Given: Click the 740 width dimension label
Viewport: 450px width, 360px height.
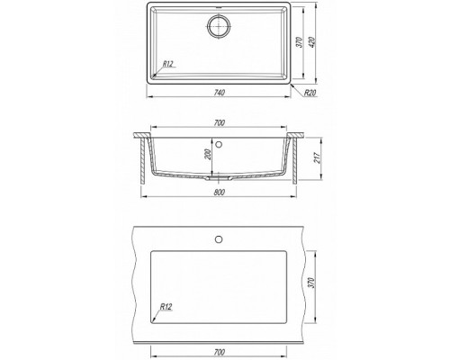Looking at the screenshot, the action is (x=220, y=93).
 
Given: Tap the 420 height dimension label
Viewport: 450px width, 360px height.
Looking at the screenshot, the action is (x=311, y=42).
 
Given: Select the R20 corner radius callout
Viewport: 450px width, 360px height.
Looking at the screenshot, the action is (x=310, y=93).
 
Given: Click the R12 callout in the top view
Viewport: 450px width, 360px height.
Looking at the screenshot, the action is (x=168, y=64).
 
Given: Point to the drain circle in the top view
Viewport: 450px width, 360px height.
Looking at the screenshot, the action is (x=219, y=26).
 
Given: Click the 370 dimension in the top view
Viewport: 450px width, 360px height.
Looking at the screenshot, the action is (x=299, y=42).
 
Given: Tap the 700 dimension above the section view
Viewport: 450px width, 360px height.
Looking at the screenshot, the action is (x=220, y=123).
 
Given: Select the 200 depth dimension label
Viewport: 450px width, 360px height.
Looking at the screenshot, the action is (x=209, y=154).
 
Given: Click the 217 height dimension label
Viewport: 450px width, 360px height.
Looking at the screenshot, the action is (x=317, y=157).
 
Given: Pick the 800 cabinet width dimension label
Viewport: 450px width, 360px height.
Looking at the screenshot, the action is (x=220, y=193).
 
